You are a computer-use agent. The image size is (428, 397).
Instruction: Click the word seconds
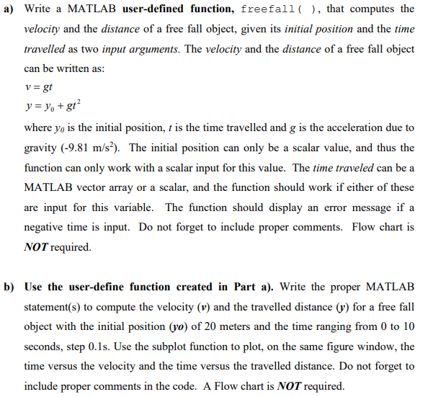43,346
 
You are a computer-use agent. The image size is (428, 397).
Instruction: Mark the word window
383,346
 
